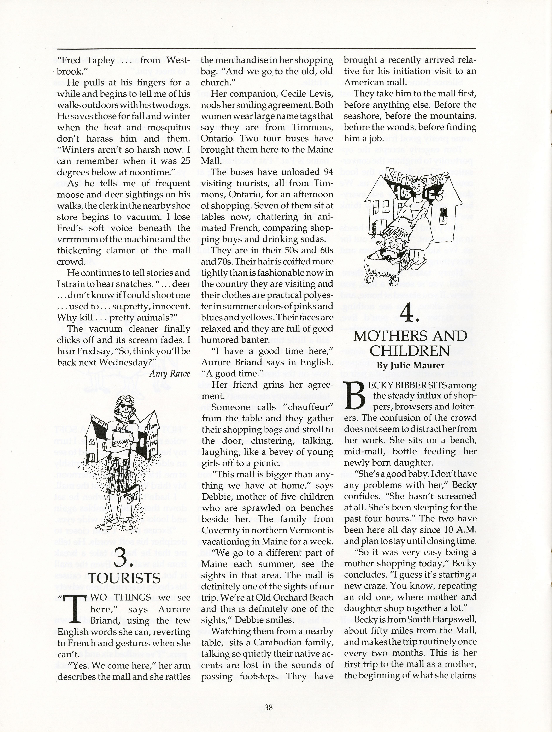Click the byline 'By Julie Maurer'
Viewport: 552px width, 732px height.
pos(410,365)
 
